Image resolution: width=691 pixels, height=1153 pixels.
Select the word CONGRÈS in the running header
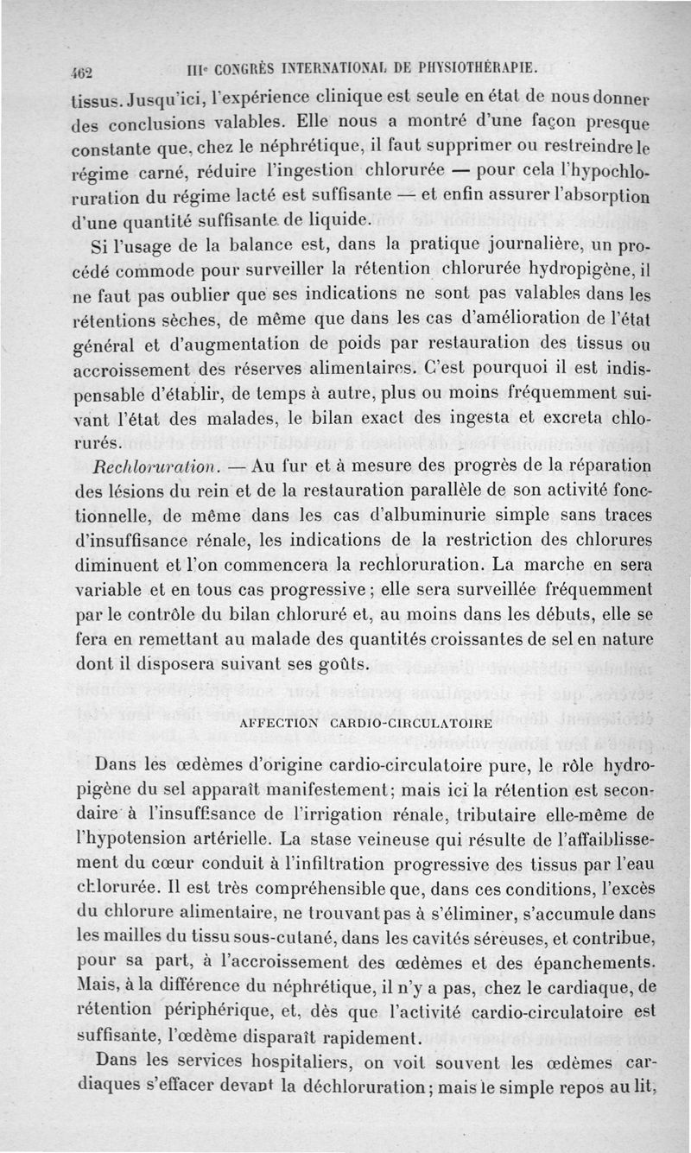230,68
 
